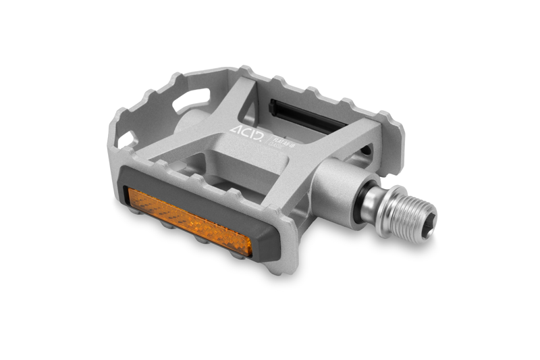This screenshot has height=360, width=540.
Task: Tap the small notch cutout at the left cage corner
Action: (x=126, y=139)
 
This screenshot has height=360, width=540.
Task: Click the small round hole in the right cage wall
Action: (x=365, y=149)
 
